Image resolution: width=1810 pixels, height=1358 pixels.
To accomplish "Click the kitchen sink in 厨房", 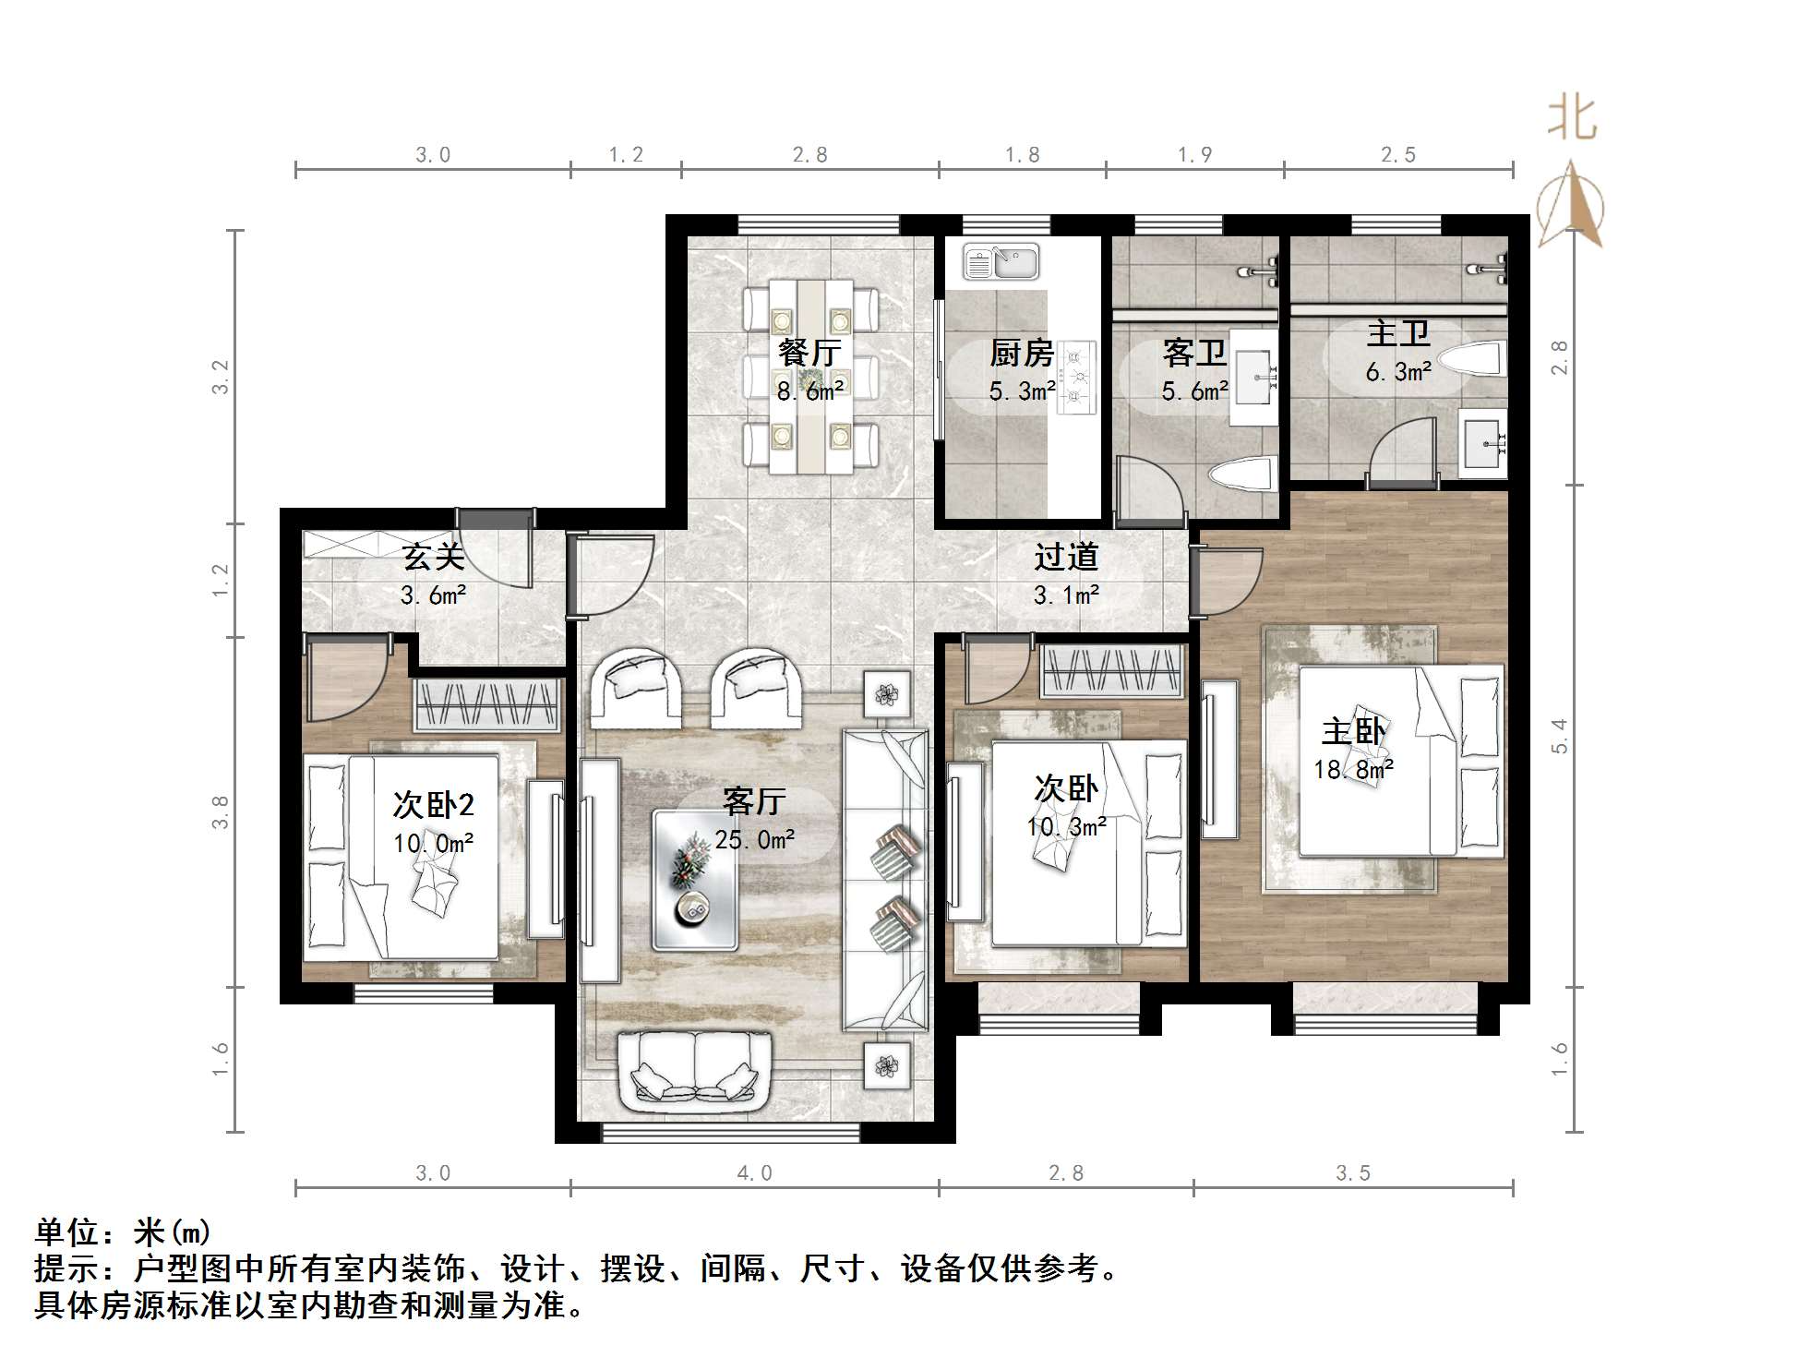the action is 1001,262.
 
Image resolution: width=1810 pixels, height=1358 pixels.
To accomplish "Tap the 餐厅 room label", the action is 809,352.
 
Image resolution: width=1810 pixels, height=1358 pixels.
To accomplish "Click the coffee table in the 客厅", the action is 694,880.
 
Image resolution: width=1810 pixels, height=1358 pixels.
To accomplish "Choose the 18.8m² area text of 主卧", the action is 1354,769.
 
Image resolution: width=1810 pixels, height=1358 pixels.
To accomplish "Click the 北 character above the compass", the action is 1572,119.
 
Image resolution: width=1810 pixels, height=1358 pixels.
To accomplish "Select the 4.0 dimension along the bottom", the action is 754,1173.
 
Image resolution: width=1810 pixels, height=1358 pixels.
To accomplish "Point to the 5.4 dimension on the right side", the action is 1559,736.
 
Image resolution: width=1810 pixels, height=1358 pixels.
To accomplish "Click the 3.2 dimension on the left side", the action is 220,377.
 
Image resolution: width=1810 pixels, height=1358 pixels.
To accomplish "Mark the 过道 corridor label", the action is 1066,557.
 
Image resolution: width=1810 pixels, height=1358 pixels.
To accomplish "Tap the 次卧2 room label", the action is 433,805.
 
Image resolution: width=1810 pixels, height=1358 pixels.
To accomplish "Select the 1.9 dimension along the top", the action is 1194,154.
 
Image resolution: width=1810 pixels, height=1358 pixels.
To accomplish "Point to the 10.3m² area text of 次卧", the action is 1066,826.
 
